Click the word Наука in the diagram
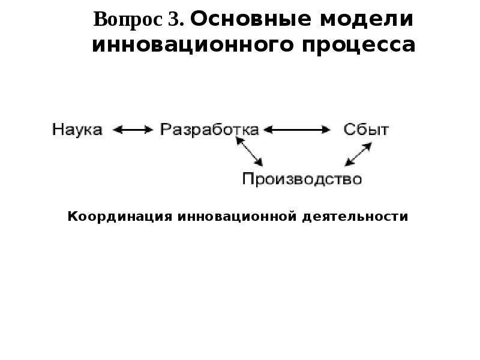pos(77,130)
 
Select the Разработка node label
pos(209,130)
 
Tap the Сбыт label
pos(366,129)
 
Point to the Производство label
pos(302,179)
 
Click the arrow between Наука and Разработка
pos(133,130)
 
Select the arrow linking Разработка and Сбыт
pos(297,130)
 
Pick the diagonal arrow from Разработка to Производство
pos(249,152)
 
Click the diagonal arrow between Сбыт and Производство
pos(358,154)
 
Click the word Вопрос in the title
pos(128,20)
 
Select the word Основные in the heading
pos(251,19)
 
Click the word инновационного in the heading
pos(193,46)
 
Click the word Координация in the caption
pos(119,217)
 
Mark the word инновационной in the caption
pos(237,217)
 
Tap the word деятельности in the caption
pos(355,217)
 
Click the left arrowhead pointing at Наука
pos(117,130)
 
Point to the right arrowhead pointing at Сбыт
pos(326,130)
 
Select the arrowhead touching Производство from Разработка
pos(259,162)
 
